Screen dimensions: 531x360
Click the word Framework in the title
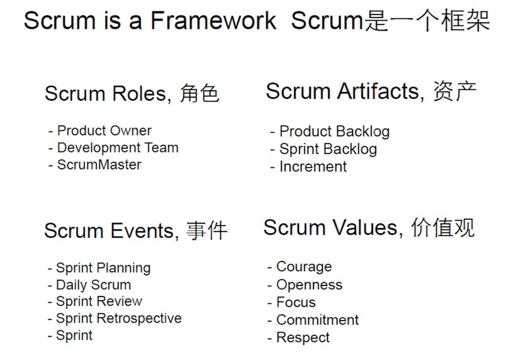click(x=213, y=21)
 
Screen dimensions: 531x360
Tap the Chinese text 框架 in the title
click(x=466, y=21)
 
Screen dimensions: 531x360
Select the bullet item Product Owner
click(x=104, y=131)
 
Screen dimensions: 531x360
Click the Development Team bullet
click(x=118, y=148)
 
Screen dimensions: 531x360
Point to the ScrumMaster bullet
click(x=99, y=165)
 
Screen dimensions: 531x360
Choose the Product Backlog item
click(x=335, y=131)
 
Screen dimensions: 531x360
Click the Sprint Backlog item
click(x=328, y=149)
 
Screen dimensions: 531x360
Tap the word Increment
click(x=313, y=167)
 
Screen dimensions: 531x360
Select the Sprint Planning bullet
click(x=103, y=268)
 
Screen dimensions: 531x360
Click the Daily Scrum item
click(x=93, y=285)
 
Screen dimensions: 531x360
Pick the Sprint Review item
click(x=99, y=301)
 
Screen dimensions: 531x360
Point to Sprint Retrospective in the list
click(x=119, y=319)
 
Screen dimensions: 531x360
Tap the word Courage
click(x=304, y=267)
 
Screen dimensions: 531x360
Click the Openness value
click(x=310, y=285)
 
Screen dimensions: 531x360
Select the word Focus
click(x=296, y=302)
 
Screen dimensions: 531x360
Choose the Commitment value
click(x=318, y=320)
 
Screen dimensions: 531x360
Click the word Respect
click(x=303, y=338)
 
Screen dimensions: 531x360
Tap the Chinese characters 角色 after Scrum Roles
click(x=199, y=94)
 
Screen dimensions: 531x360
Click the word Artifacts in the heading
click(x=380, y=91)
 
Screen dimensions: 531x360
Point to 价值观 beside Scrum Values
click(x=443, y=227)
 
